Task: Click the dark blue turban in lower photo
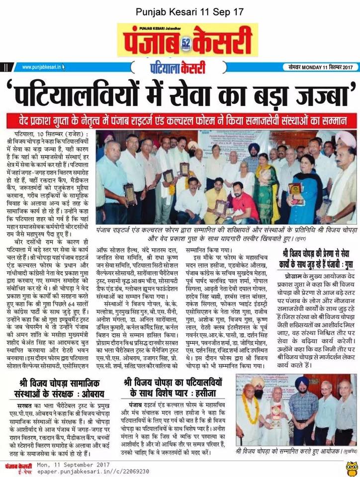302,383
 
